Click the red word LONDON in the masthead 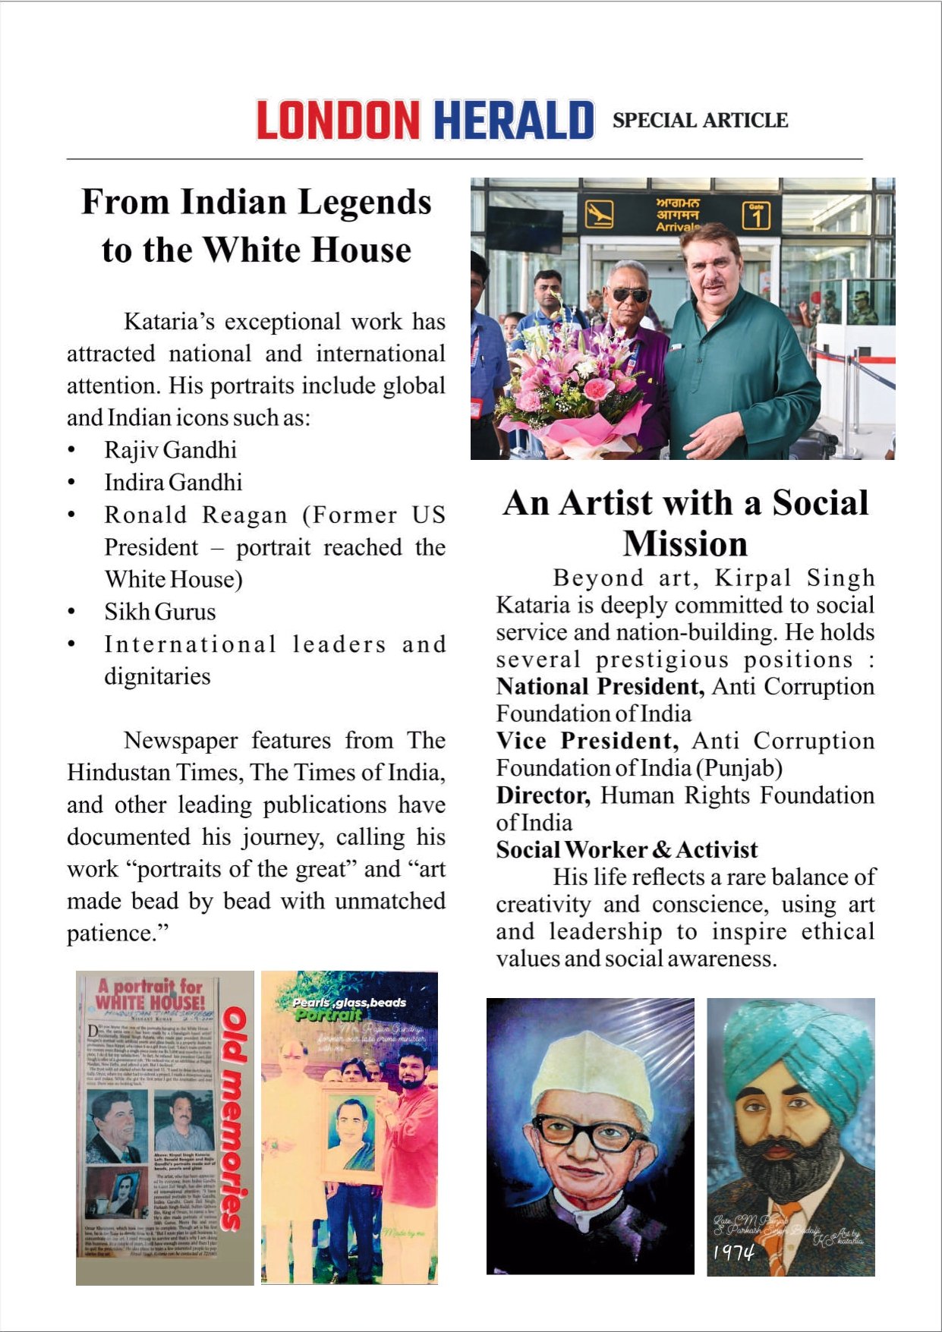338,120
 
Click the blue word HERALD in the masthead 514,120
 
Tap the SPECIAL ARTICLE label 700,120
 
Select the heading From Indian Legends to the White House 257,225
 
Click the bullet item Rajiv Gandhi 171,450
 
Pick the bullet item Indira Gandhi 173,482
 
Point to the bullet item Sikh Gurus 160,612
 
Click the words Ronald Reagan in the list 196,515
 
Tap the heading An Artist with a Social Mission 685,523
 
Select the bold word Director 543,795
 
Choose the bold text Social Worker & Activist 627,849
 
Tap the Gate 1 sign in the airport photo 756,215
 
